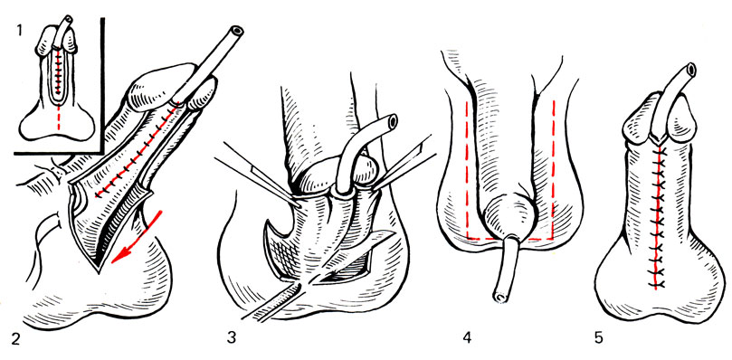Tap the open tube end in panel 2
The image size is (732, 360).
point(237,32)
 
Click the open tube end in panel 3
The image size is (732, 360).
point(392,120)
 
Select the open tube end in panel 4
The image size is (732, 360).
point(499,296)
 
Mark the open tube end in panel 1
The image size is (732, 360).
point(69,19)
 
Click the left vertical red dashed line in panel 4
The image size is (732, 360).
point(467,168)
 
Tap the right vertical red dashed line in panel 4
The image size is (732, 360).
point(553,168)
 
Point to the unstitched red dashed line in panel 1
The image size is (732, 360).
point(58,115)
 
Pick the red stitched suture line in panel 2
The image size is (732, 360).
point(137,151)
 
